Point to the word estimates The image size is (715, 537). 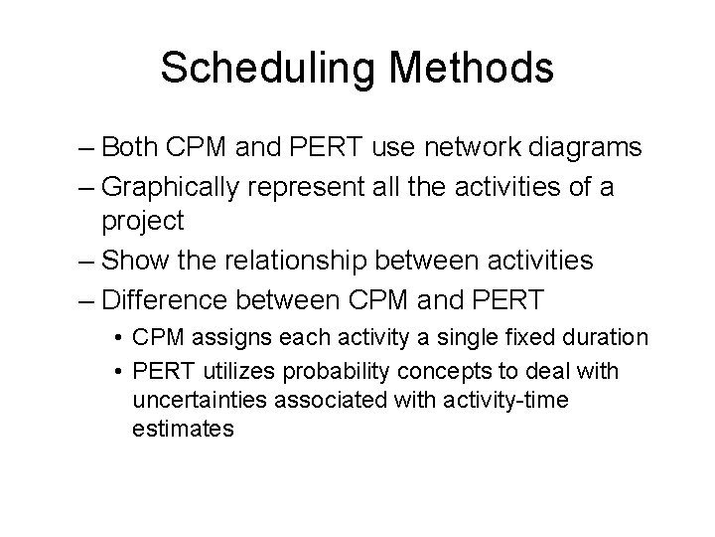pos(182,430)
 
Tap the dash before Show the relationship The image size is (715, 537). pos(85,261)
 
